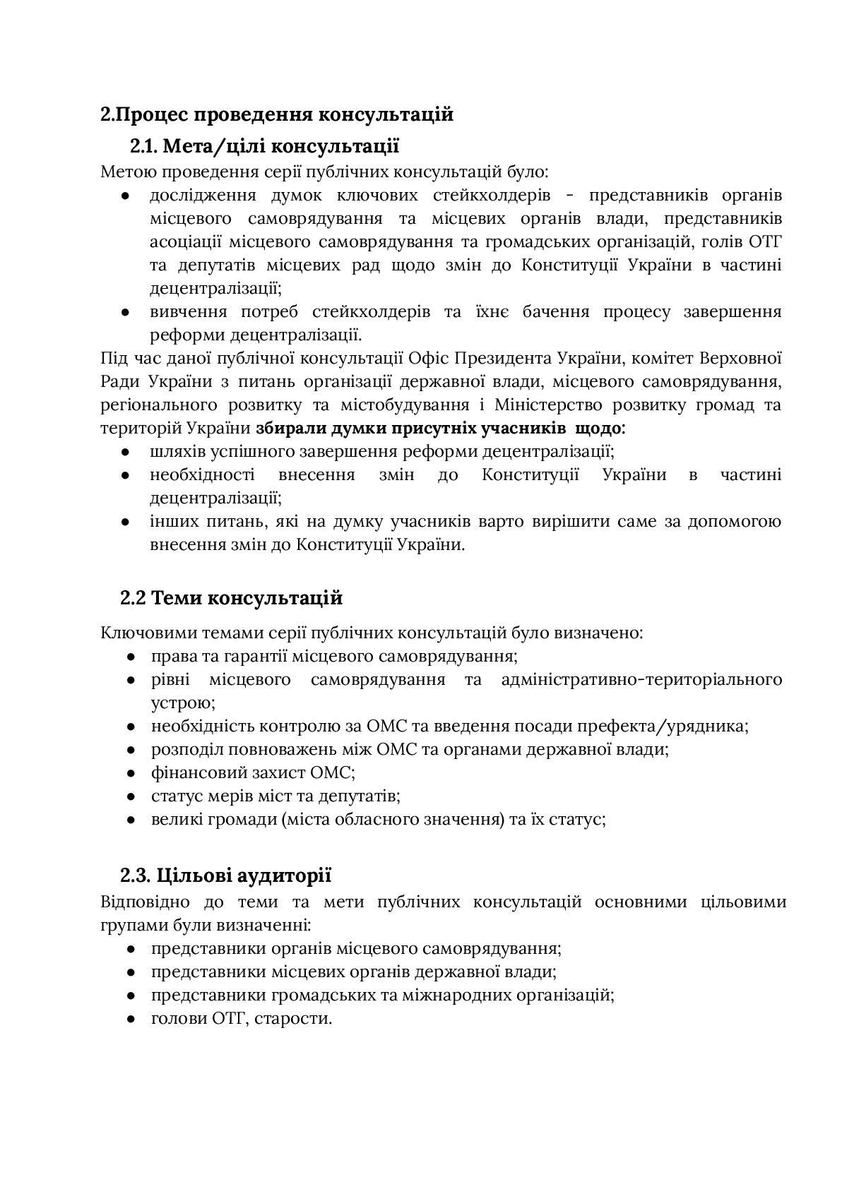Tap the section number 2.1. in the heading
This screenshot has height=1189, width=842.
tap(144, 146)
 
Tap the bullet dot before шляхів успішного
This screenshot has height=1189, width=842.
tap(126, 452)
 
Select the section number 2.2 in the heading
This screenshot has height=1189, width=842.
tap(133, 598)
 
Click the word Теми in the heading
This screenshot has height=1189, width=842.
tap(176, 598)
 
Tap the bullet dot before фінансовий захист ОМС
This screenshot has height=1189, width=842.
tap(131, 773)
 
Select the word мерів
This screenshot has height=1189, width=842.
tap(230, 796)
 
